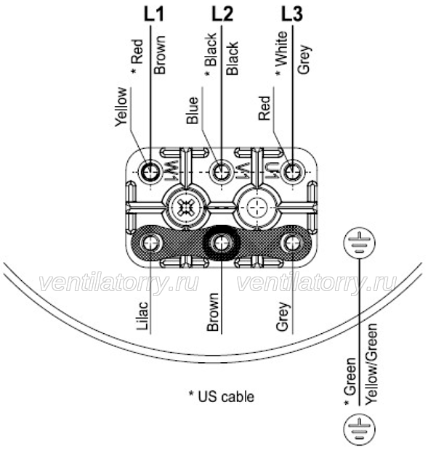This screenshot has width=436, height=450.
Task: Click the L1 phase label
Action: tap(154, 14)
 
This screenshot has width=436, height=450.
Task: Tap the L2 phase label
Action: tap(222, 14)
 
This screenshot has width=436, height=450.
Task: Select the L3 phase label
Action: tap(291, 14)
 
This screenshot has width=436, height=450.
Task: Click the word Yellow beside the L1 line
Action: tap(121, 107)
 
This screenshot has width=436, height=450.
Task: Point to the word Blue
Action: tap(193, 110)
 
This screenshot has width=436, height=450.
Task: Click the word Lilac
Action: tap(143, 316)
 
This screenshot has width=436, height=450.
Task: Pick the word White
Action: tap(281, 49)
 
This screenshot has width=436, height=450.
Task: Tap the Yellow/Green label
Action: tap(371, 364)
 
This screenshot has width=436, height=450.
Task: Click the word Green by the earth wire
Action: tap(350, 377)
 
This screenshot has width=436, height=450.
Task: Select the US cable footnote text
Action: tap(222, 396)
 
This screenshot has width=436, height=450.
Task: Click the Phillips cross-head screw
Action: tap(185, 207)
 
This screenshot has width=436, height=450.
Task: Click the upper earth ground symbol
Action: tap(359, 243)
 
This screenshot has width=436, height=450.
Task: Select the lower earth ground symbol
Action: tap(359, 430)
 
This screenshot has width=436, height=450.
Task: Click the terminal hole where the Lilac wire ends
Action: tap(150, 243)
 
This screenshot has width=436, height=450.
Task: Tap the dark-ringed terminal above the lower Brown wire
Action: tap(222, 243)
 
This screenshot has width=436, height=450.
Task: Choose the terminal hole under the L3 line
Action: tap(293, 172)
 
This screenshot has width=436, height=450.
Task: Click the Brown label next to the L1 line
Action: tap(160, 54)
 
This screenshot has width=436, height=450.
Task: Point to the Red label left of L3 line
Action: tap(265, 108)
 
